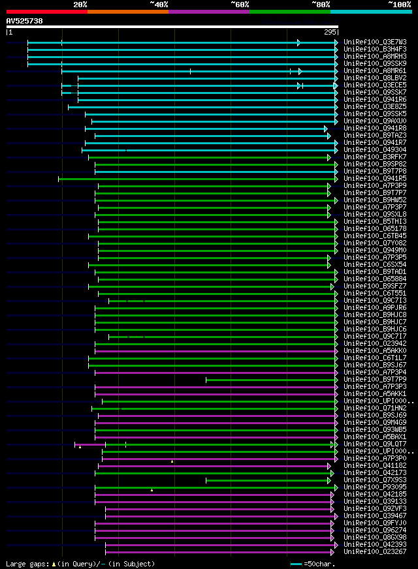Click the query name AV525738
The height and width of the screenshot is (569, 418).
pos(25,21)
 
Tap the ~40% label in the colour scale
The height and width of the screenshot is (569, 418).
pos(159,4)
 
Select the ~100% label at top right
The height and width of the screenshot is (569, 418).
pos(399,4)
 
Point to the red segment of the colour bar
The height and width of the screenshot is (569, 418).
pos(46,12)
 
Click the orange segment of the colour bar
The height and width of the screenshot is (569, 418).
pos(127,12)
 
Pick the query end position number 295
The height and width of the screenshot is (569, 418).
pos(330,32)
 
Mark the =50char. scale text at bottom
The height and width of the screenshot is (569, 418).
pos(319,564)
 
